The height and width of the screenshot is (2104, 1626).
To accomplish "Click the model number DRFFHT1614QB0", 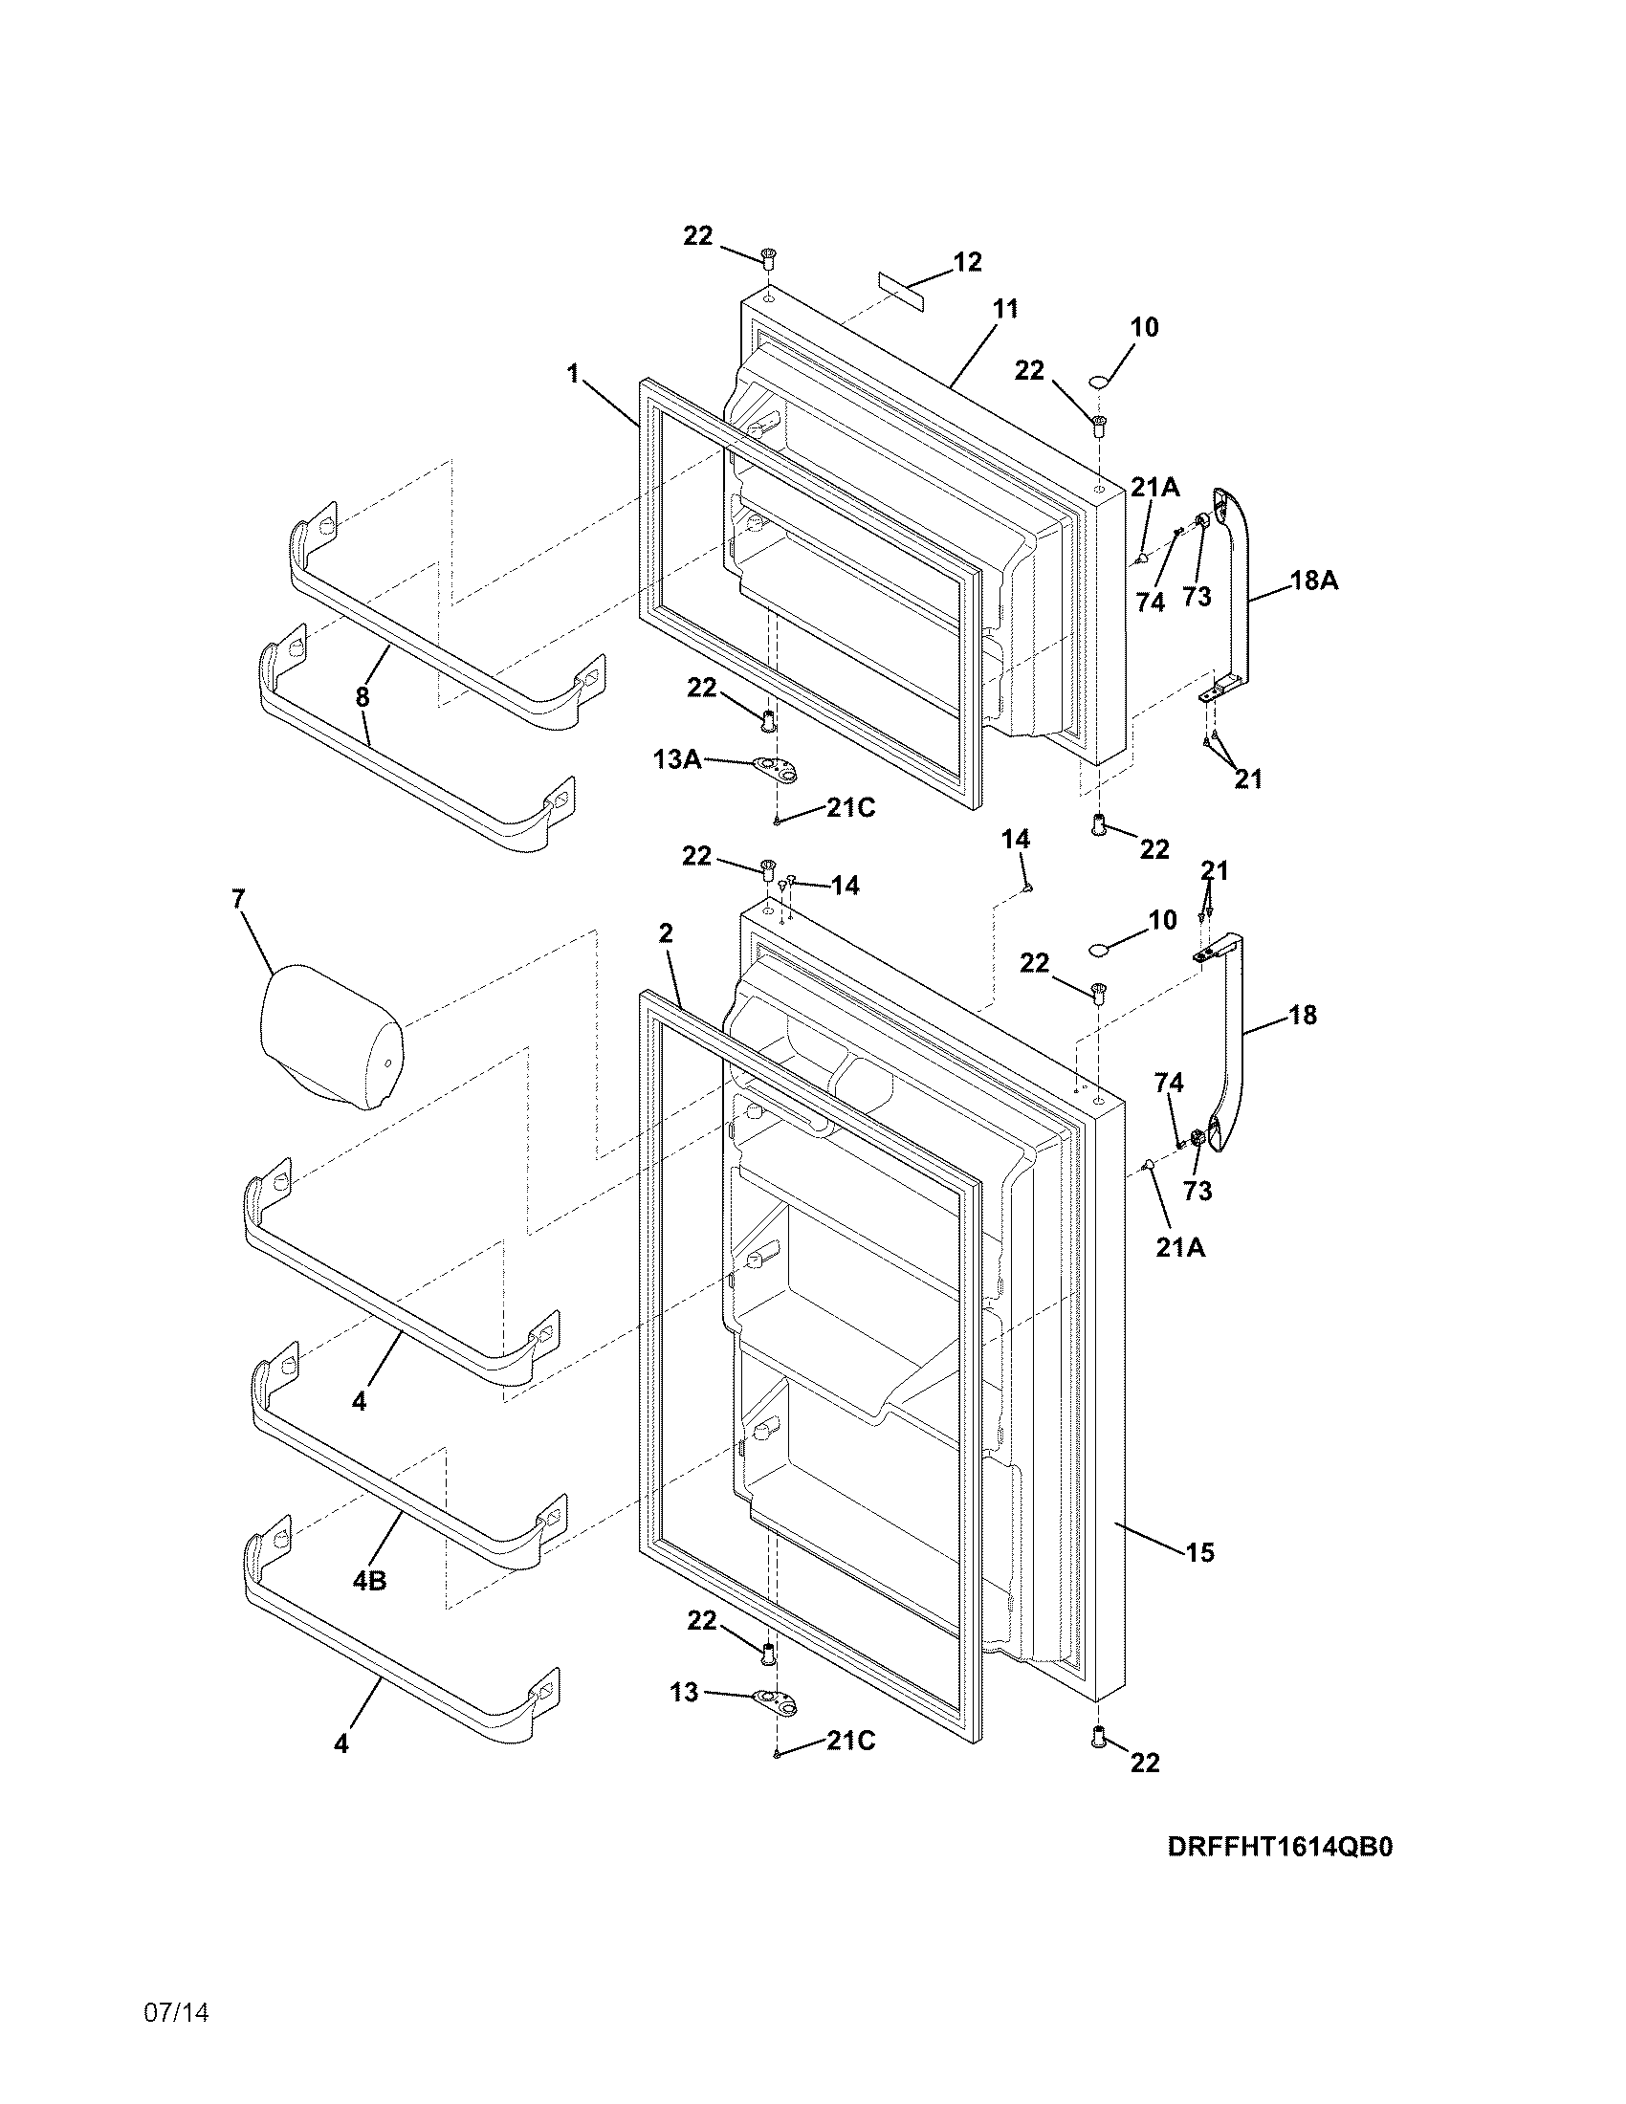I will click(x=1280, y=1847).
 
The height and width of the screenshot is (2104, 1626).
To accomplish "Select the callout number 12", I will click(x=967, y=262).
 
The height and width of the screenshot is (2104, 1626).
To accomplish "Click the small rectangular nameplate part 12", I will click(x=900, y=290).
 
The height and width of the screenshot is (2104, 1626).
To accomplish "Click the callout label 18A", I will click(x=1314, y=581).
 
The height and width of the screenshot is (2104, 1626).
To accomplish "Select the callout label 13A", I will click(x=677, y=760).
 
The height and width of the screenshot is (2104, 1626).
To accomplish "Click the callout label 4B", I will click(x=369, y=1580).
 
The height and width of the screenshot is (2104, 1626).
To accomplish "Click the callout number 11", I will click(x=1004, y=309).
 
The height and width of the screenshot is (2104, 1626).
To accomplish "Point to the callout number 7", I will click(x=238, y=899).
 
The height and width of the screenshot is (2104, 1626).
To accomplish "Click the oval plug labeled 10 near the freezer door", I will click(x=1100, y=384).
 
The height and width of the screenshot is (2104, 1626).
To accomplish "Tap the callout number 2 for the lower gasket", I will click(x=666, y=932).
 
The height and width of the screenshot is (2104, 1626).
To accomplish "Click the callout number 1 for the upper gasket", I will click(x=574, y=373).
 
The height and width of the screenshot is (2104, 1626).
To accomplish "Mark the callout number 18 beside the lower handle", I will click(x=1302, y=1015).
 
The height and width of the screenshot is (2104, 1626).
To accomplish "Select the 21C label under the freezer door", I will click(x=850, y=808).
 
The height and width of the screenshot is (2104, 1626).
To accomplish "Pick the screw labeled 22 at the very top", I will click(x=768, y=256).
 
